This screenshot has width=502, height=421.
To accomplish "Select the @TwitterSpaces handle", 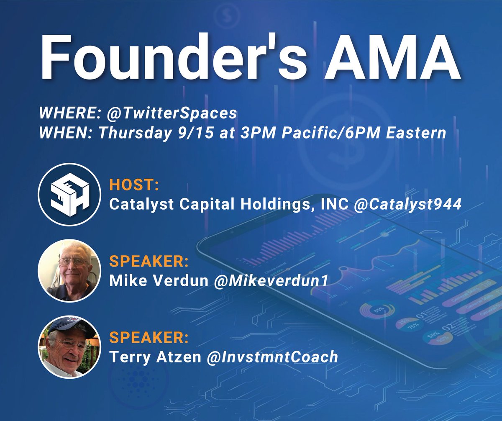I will point(184,113).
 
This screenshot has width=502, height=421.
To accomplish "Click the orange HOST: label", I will point(130,185).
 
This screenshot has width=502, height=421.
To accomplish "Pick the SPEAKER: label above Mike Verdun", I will point(149,262).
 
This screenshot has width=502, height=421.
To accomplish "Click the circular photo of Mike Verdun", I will point(69,270).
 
